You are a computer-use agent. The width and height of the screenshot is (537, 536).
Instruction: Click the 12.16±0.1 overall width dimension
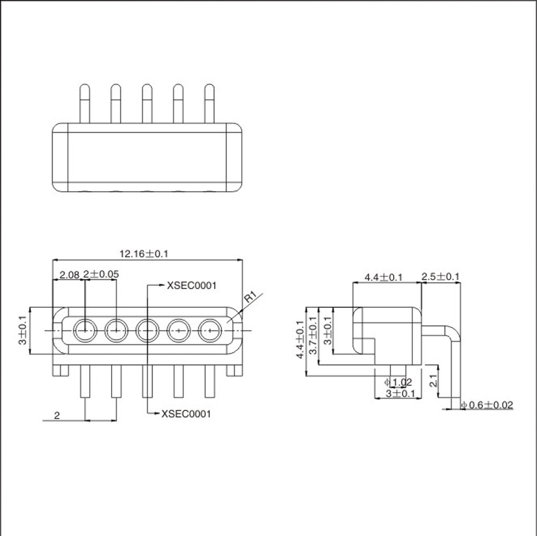pyautogui.click(x=144, y=254)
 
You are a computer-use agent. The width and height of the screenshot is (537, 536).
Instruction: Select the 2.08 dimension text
pyautogui.click(x=69, y=274)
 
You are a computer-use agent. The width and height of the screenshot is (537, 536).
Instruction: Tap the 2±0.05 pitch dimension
pyautogui.click(x=101, y=274)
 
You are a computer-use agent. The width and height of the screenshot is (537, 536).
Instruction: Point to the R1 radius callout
pyautogui.click(x=250, y=296)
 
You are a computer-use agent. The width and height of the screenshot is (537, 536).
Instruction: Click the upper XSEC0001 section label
pyautogui.click(x=192, y=286)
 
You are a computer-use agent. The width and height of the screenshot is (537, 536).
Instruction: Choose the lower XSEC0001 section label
pyautogui.click(x=186, y=414)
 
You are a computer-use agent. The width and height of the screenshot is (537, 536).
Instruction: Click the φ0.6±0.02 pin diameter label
pyautogui.click(x=487, y=405)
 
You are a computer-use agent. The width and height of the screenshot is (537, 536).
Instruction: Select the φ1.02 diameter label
pyautogui.click(x=398, y=382)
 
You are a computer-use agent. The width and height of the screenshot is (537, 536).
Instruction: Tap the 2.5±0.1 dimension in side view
pyautogui.click(x=440, y=277)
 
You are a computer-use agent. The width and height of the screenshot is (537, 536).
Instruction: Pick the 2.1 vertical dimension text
pyautogui.click(x=433, y=381)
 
